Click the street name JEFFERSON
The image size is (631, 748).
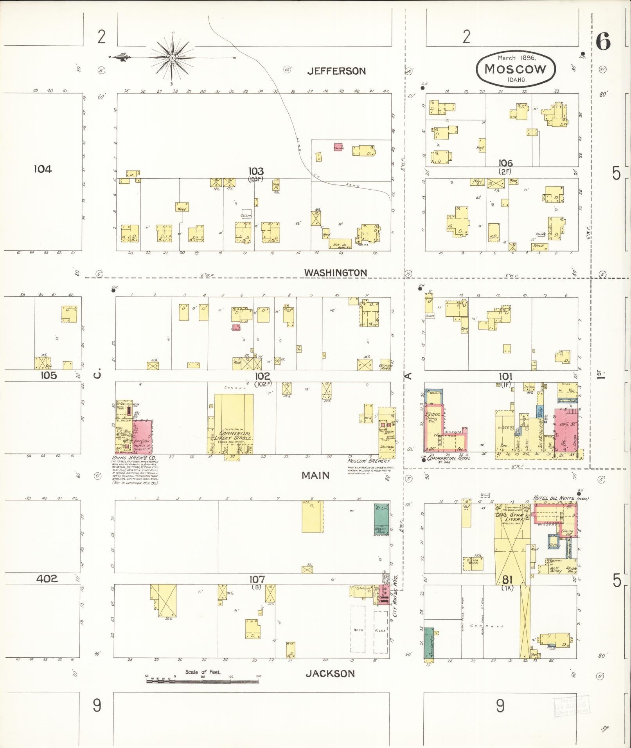(336, 71)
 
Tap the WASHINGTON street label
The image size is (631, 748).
(336, 273)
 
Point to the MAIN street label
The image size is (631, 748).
(315, 475)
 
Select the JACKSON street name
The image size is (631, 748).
(330, 673)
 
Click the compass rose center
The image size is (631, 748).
(172, 58)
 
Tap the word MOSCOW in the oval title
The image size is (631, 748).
(515, 69)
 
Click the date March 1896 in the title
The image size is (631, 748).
(516, 57)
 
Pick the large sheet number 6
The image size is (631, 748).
(603, 41)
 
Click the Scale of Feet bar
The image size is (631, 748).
(202, 681)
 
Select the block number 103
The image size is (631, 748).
(255, 171)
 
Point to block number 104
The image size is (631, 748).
(42, 169)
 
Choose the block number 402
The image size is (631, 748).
(47, 578)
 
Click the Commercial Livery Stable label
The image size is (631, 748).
(235, 436)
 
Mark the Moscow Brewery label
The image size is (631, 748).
(369, 461)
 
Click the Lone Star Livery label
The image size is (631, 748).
(509, 517)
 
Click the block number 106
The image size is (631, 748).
(505, 163)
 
